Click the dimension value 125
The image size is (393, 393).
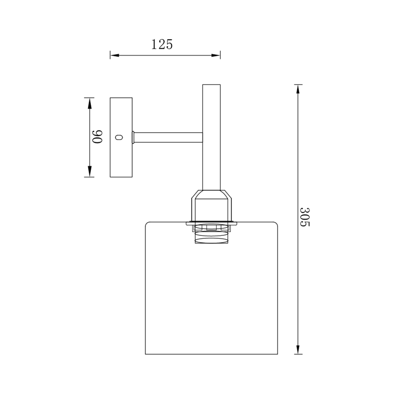[162, 45]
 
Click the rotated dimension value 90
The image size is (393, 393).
[97, 137]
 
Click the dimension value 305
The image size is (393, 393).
[305, 217]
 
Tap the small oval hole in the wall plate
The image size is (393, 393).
[119, 138]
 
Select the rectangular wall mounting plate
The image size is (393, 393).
[121, 138]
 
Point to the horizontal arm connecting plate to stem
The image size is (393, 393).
[168, 138]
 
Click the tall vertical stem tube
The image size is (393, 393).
[211, 137]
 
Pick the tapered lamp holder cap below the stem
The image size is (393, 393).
[212, 205]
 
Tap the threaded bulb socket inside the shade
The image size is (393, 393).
[212, 234]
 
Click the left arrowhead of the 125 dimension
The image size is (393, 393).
[114, 55]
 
